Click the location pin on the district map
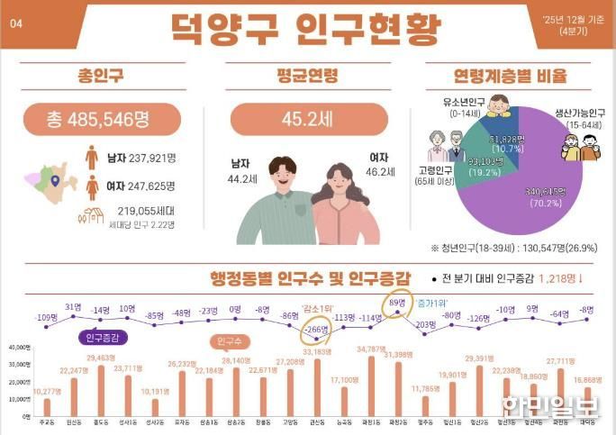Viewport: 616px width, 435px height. pos(56,181)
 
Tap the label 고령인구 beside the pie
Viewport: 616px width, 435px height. pos(436,168)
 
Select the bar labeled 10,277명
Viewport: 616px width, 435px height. pos(47,406)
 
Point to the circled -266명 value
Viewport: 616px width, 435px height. pos(317,330)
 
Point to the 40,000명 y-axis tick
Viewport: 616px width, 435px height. pos(20,348)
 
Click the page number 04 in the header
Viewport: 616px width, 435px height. pos(15,24)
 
